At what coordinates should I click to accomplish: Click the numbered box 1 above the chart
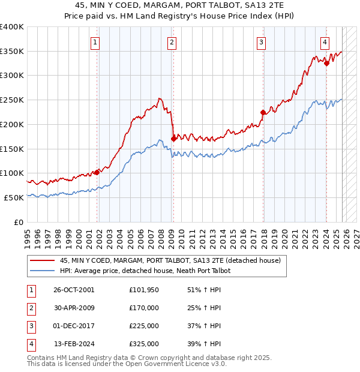pyautogui.click(x=96, y=42)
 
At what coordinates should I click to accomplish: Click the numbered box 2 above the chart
pyautogui.click(x=172, y=42)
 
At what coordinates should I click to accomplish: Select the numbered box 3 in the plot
pyautogui.click(x=262, y=42)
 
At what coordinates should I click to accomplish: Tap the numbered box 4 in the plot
pyautogui.click(x=325, y=42)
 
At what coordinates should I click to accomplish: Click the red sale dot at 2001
pyautogui.click(x=97, y=172)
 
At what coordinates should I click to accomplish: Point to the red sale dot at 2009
pyautogui.click(x=173, y=139)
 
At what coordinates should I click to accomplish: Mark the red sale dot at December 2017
pyautogui.click(x=263, y=112)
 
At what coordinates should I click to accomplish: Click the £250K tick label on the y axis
pyautogui.click(x=12, y=100)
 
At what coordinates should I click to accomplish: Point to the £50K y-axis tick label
pyautogui.click(x=14, y=197)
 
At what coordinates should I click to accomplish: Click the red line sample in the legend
pyautogui.click(x=41, y=261)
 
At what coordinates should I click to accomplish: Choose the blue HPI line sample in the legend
pyautogui.click(x=41, y=271)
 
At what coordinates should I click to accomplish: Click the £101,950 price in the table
pyautogui.click(x=144, y=290)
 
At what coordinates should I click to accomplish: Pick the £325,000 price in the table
pyautogui.click(x=144, y=344)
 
